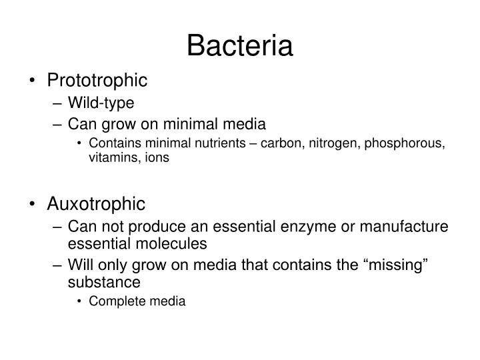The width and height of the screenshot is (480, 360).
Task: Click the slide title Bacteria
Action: point(240,46)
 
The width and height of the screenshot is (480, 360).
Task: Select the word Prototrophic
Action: point(97,81)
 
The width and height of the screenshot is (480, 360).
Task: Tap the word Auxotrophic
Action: point(95,202)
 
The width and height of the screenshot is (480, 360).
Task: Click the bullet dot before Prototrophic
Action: point(34,81)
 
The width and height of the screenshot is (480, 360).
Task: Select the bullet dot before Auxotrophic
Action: point(34,203)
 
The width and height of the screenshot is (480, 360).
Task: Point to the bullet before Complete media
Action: point(80,301)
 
